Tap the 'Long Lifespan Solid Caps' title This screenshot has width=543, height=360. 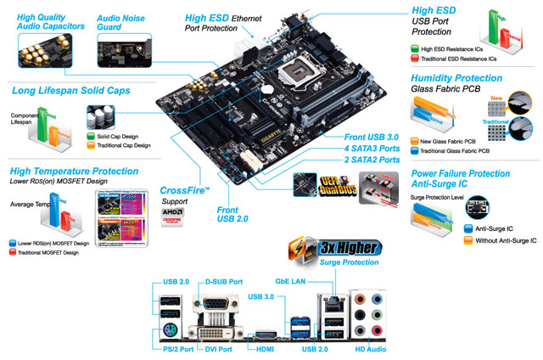(69, 90)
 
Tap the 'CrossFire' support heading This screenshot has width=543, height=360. (184, 191)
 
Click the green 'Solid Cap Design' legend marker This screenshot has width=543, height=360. (91, 136)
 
